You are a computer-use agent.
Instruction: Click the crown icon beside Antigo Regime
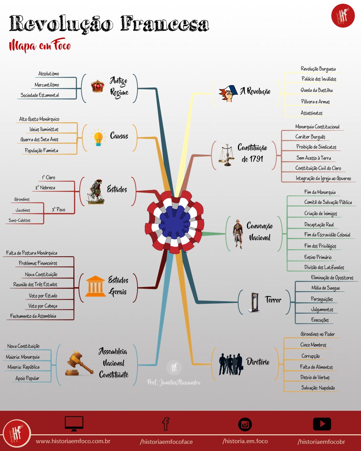[98, 86]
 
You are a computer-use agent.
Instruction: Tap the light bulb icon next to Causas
[98, 138]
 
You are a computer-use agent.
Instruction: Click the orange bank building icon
[95, 286]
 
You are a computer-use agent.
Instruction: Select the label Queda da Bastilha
[316, 90]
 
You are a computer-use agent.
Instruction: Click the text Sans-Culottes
[19, 221]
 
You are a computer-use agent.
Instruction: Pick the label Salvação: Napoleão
[318, 388]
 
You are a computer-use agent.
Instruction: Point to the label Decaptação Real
[319, 225]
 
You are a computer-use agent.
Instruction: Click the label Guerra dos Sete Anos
[39, 139]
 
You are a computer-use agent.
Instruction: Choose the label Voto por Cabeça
[43, 306]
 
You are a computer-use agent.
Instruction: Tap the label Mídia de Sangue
[325, 288]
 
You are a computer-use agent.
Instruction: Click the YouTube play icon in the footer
[322, 424]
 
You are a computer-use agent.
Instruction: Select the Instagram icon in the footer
[245, 424]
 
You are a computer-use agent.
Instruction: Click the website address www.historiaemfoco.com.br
[73, 441]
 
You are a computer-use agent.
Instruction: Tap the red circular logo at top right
[343, 16]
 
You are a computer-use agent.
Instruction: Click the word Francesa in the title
[164, 24]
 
